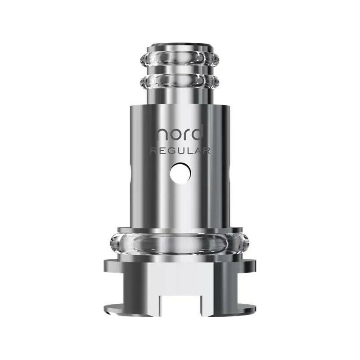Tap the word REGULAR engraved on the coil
(180, 151)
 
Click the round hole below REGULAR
(180, 173)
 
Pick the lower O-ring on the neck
(179, 83)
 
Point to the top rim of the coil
(179, 46)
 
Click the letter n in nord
(162, 135)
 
